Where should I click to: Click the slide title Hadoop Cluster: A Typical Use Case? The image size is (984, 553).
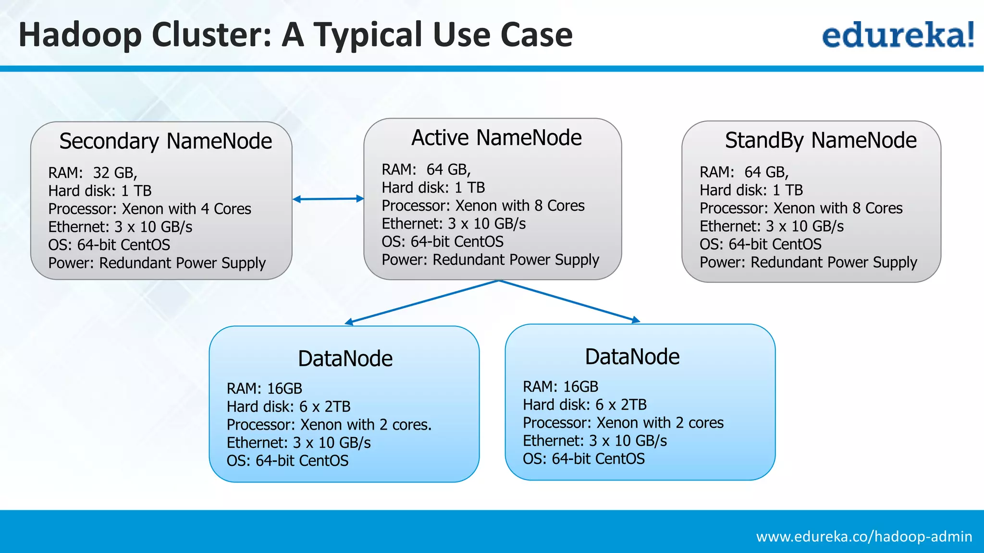tap(295, 35)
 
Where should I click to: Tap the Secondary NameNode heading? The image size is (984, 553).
tap(165, 141)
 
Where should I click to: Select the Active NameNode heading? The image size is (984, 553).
tap(496, 138)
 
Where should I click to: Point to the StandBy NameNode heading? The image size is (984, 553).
tap(821, 140)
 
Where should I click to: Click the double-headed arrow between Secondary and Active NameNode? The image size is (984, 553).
tap(328, 199)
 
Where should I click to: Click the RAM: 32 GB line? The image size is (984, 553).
tap(93, 172)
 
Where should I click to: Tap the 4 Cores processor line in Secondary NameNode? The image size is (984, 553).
tap(149, 209)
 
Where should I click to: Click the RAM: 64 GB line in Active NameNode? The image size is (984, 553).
tap(426, 169)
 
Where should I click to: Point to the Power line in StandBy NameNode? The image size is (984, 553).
tap(808, 263)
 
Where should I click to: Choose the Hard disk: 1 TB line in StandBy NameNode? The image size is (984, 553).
tap(751, 190)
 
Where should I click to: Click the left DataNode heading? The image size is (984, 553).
tap(345, 359)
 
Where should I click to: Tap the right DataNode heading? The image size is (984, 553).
tap(632, 357)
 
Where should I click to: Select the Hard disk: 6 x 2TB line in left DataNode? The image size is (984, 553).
tap(288, 407)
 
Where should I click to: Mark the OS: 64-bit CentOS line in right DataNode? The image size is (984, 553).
tap(583, 459)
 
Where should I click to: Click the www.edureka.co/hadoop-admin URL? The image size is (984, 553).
tap(864, 536)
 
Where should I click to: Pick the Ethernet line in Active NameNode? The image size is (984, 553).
tap(454, 224)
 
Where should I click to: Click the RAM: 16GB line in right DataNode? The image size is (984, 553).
tap(560, 386)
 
